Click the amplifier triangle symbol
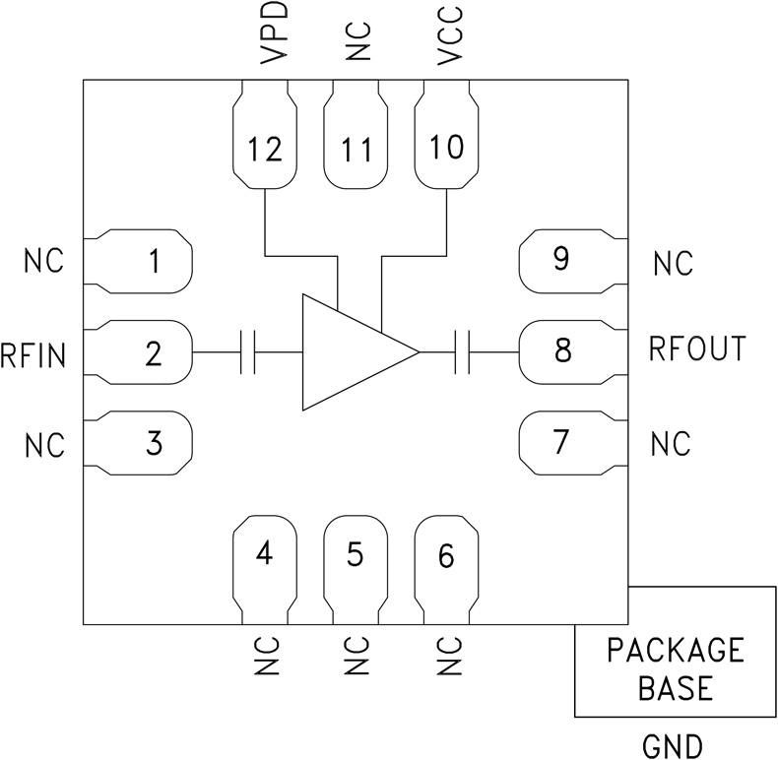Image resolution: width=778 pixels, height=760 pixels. coord(350,350)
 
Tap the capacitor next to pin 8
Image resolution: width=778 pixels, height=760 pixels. coord(463,351)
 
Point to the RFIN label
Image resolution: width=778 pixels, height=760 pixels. coord(33,353)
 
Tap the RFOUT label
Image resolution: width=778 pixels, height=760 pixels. coord(697,348)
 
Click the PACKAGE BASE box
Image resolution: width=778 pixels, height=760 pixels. coord(675,668)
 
